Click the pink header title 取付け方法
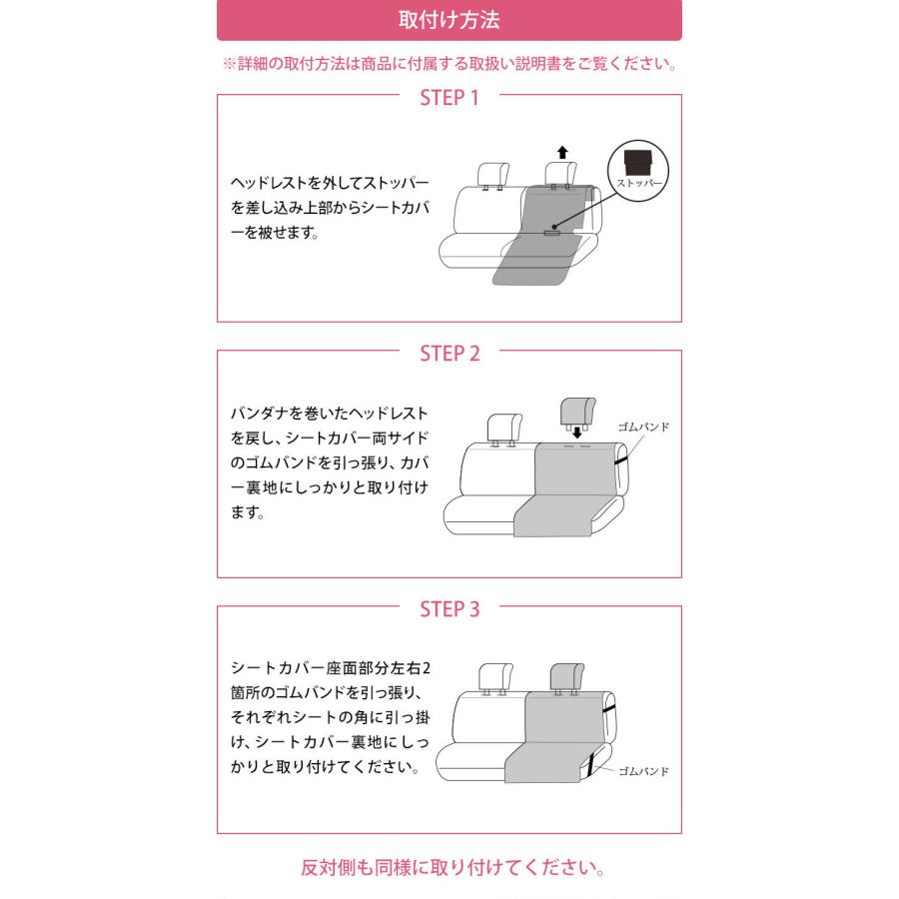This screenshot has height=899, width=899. tap(449, 20)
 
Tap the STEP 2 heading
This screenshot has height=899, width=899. tap(449, 354)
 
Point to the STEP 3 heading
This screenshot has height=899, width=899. tap(449, 609)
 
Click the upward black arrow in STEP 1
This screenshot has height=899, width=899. tap(562, 152)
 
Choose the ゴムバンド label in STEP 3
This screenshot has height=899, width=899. tap(642, 771)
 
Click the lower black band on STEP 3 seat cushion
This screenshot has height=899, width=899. tap(592, 763)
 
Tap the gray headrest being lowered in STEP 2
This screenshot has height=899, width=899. tap(578, 410)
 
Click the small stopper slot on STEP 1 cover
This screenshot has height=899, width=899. tap(551, 233)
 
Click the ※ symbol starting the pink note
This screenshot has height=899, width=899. tap(229, 64)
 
